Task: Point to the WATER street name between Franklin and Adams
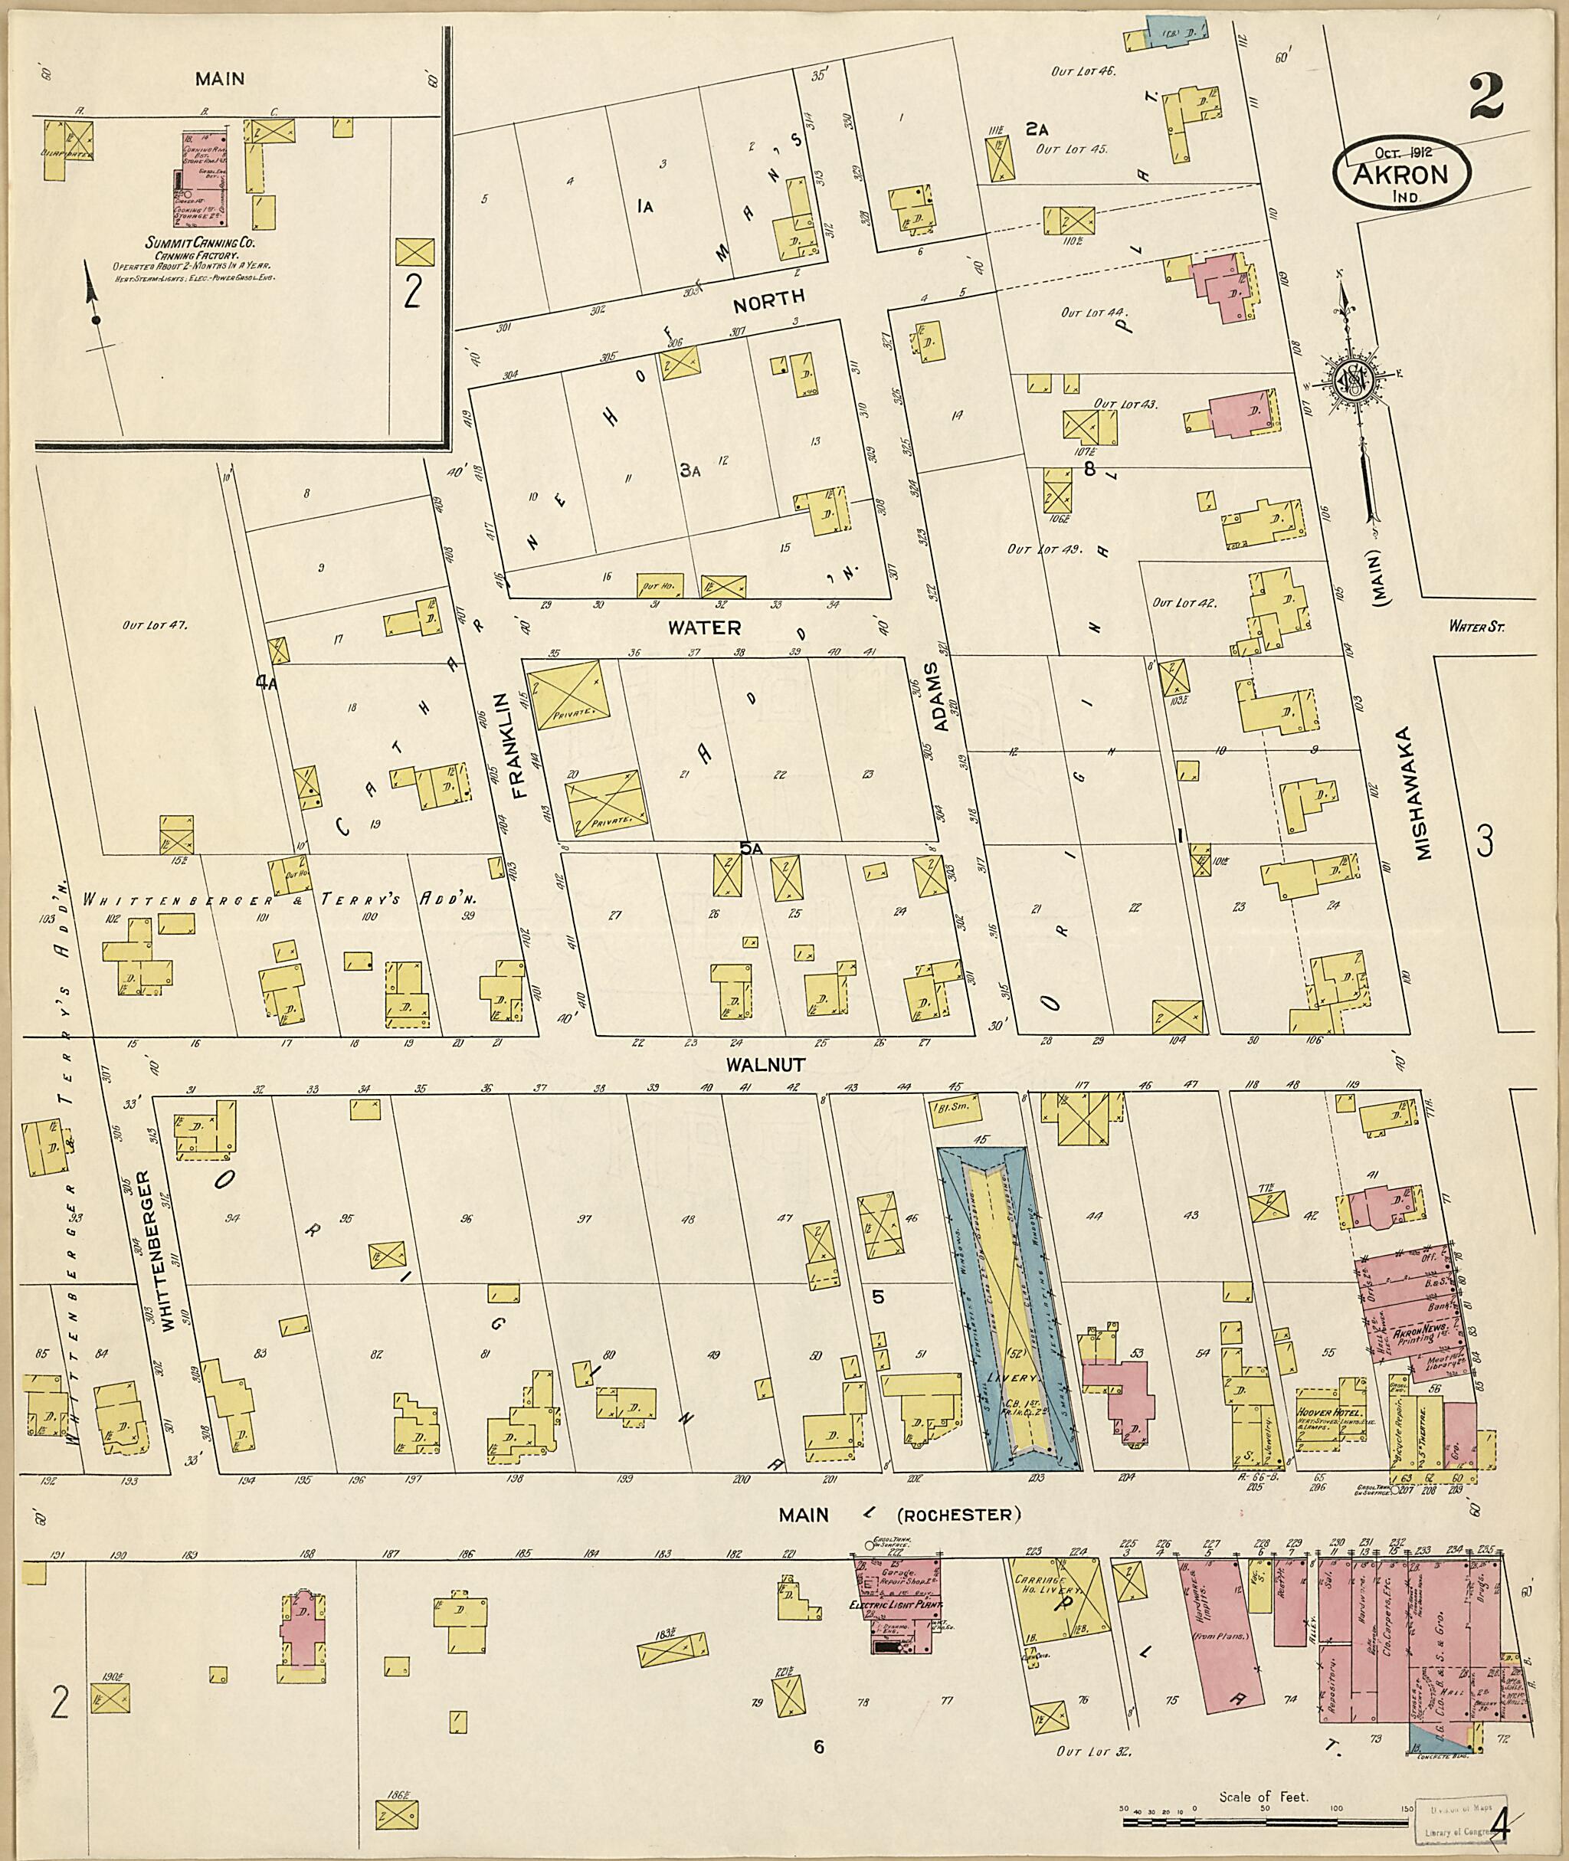click(x=705, y=627)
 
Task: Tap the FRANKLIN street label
click(x=519, y=745)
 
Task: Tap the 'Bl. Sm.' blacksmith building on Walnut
click(x=955, y=1109)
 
